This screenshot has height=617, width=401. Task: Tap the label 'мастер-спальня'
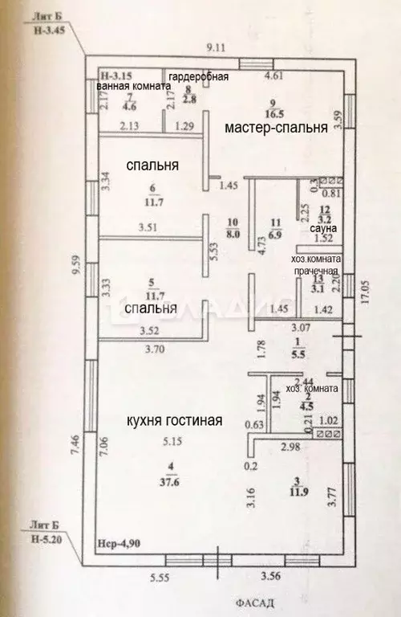(275, 129)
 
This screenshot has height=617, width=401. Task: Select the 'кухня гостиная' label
(172, 420)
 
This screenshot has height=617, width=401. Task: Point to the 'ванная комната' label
(132, 87)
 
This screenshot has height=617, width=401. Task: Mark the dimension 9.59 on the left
(75, 266)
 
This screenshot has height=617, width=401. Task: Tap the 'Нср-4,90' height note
(117, 543)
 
